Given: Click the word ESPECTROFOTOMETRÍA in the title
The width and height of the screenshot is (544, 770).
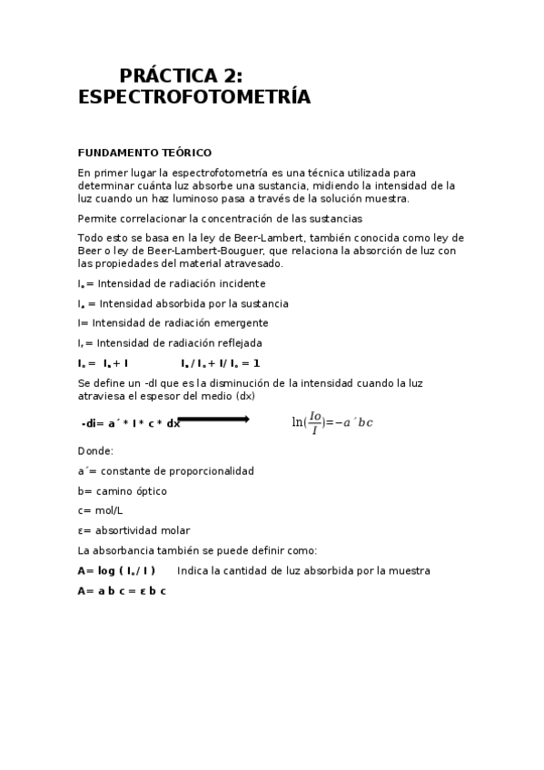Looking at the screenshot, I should click(x=194, y=97).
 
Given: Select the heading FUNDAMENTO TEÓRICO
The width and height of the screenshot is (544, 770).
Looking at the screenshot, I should click(x=144, y=153).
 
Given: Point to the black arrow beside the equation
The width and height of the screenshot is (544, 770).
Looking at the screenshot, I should click(x=213, y=419).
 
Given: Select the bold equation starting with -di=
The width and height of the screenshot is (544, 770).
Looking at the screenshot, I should click(x=131, y=424).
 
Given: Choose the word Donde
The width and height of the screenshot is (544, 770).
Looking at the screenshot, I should click(x=95, y=450).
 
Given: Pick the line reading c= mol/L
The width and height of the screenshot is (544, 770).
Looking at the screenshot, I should click(x=101, y=510).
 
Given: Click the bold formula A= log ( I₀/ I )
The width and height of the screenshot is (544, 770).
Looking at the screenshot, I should click(x=117, y=570).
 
